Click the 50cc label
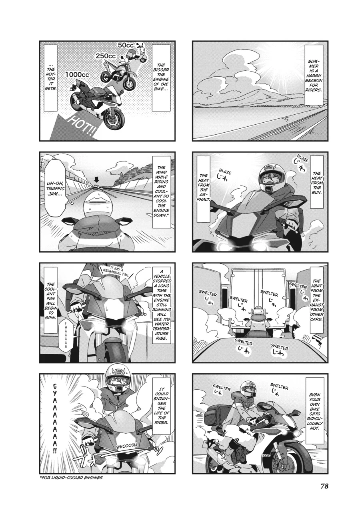(x=126, y=45)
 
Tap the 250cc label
(x=106, y=57)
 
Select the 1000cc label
(x=77, y=75)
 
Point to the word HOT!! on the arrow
(x=82, y=125)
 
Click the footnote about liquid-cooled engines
(x=71, y=478)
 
